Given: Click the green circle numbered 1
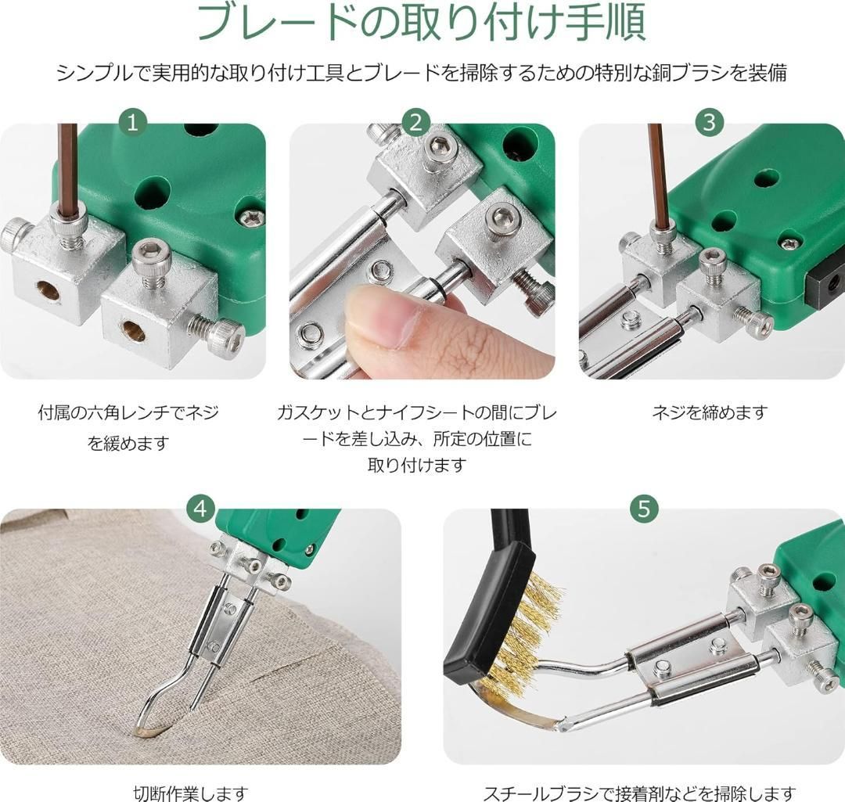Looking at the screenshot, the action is [x=132, y=122].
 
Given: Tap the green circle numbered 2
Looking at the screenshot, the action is [x=415, y=122].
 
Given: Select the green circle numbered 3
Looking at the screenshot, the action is [x=709, y=122].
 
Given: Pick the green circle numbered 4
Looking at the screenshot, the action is [x=200, y=508].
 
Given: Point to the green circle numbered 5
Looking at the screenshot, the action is [x=644, y=508].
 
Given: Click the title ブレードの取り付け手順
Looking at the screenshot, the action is [x=422, y=23].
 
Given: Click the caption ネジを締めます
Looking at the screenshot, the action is [x=709, y=413].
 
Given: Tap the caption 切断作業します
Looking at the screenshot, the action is [x=191, y=793].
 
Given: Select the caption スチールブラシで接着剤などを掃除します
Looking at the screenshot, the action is [x=639, y=793].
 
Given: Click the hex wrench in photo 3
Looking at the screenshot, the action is [x=657, y=172].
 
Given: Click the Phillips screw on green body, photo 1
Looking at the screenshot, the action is [x=252, y=218].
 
